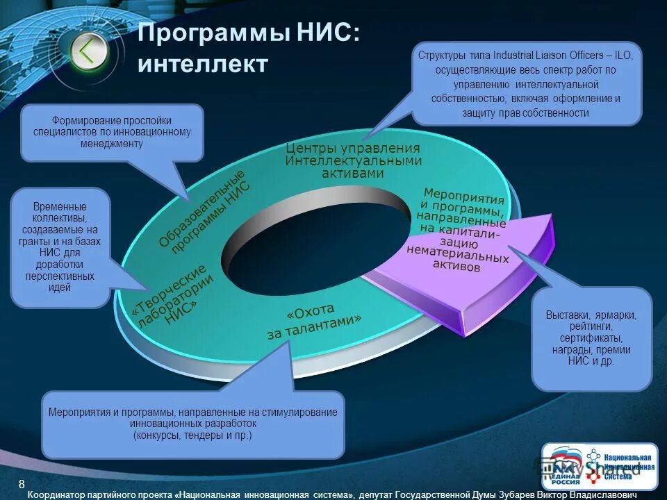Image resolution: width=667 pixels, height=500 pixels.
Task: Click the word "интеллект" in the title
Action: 202,64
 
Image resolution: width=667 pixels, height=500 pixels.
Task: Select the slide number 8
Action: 22,483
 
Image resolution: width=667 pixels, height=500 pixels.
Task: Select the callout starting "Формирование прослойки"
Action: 112,132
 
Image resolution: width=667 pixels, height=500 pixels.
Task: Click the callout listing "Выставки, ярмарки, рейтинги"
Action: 591,338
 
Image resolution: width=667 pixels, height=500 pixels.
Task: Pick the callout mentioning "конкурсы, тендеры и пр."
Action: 193,423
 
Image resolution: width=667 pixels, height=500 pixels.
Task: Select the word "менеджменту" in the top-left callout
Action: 112,144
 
